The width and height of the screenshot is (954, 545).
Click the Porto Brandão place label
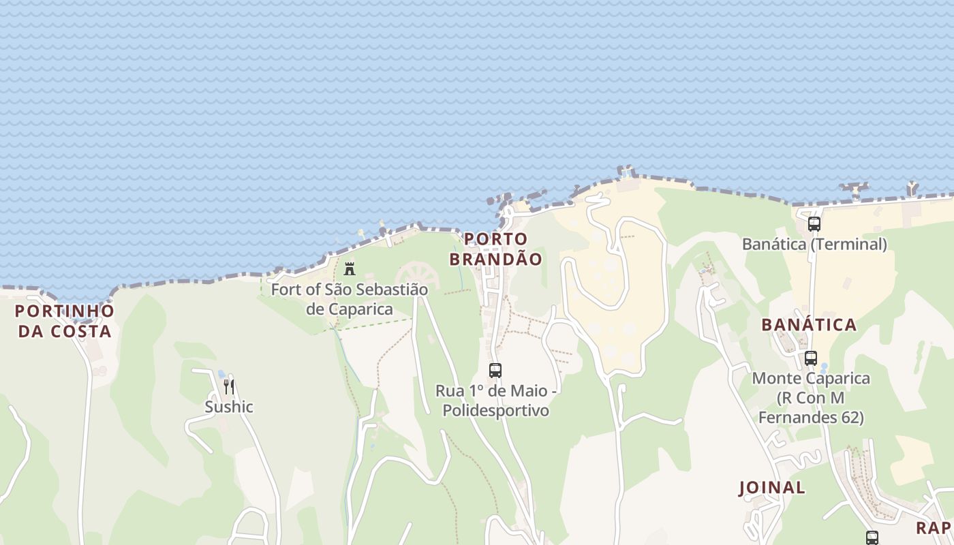(495, 249)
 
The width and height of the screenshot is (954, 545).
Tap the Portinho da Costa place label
(65, 321)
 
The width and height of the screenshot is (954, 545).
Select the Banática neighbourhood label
(809, 324)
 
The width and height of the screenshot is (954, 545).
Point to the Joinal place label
(772, 488)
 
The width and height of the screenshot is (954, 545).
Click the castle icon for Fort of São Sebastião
(350, 268)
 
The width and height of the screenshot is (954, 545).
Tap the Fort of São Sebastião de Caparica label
(350, 299)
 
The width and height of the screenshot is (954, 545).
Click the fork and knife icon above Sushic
(229, 387)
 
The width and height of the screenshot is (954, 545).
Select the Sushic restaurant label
(229, 407)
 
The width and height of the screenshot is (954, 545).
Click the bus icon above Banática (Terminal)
(814, 223)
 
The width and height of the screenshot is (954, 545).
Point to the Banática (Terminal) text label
(814, 244)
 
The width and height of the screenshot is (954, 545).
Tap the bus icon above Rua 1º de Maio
(495, 371)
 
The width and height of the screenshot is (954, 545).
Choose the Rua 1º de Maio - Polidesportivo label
(495, 401)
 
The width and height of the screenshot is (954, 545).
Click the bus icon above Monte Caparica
(810, 358)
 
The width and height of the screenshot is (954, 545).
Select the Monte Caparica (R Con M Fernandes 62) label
(811, 397)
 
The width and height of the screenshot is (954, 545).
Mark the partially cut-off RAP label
(934, 528)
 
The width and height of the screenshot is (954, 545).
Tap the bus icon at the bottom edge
(872, 538)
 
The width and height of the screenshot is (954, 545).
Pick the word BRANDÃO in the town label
(495, 259)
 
